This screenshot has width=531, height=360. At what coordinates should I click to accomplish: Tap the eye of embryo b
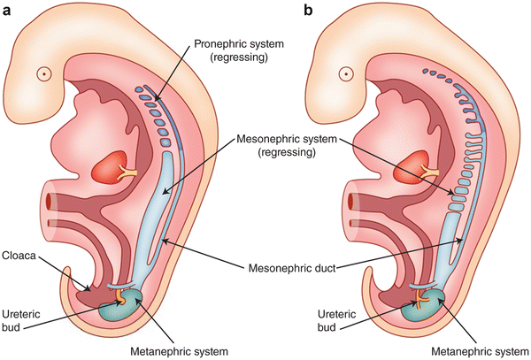347,74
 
